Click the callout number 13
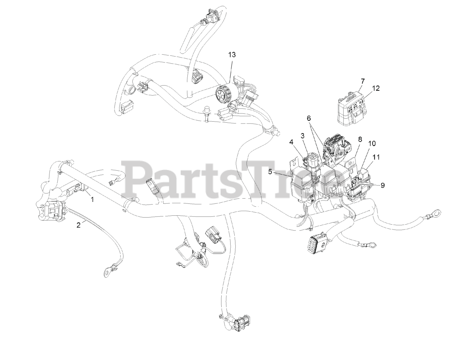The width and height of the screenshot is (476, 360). point(232,55)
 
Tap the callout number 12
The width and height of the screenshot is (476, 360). point(376,88)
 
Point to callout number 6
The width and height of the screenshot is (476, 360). point(309,118)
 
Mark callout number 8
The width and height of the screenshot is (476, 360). point(360,139)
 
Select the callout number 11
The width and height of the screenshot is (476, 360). point(376,157)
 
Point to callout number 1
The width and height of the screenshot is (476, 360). point(93,199)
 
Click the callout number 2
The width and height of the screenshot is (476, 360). point(78,225)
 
